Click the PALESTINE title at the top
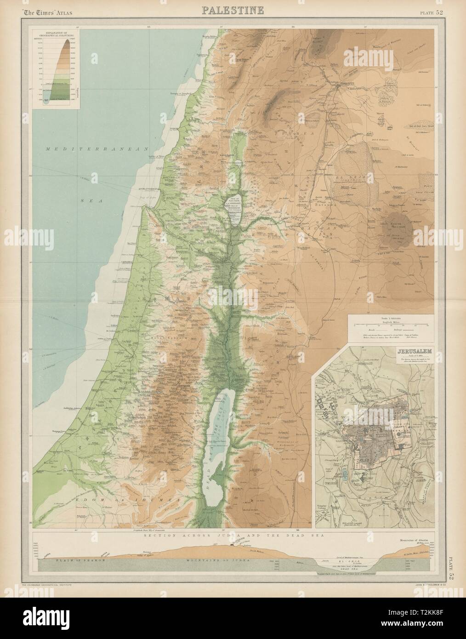tap(233, 10)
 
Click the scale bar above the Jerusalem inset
tap(393, 325)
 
